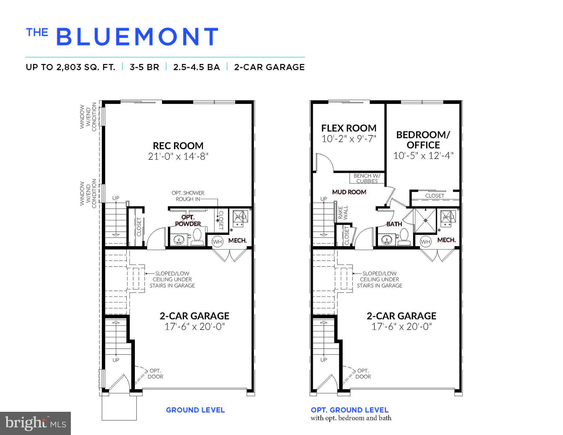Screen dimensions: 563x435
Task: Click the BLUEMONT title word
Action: pos(137,37)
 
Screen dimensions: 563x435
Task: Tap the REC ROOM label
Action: pos(178,146)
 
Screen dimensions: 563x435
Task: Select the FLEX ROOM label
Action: pos(349,128)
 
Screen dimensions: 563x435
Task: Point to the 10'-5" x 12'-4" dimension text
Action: pos(423,155)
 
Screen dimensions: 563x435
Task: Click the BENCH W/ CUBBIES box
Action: pos(367,178)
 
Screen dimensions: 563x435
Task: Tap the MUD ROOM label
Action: pos(349,192)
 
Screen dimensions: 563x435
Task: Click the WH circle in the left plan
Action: pos(217,242)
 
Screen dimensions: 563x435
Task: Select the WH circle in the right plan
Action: pos(425,242)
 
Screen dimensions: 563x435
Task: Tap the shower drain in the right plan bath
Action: pos(425,220)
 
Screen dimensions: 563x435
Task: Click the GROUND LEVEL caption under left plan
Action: pos(195,410)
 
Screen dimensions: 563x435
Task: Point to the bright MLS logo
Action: pos(35,423)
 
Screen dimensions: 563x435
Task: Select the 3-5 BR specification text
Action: pos(145,67)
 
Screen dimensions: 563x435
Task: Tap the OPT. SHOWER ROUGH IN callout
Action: pos(188,196)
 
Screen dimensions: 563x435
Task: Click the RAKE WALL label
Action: pos(343,212)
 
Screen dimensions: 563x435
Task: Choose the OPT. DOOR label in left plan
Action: pos(155,374)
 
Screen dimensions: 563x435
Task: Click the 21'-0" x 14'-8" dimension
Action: pos(178,156)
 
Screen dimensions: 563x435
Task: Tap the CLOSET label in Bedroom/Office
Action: pos(435,196)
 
